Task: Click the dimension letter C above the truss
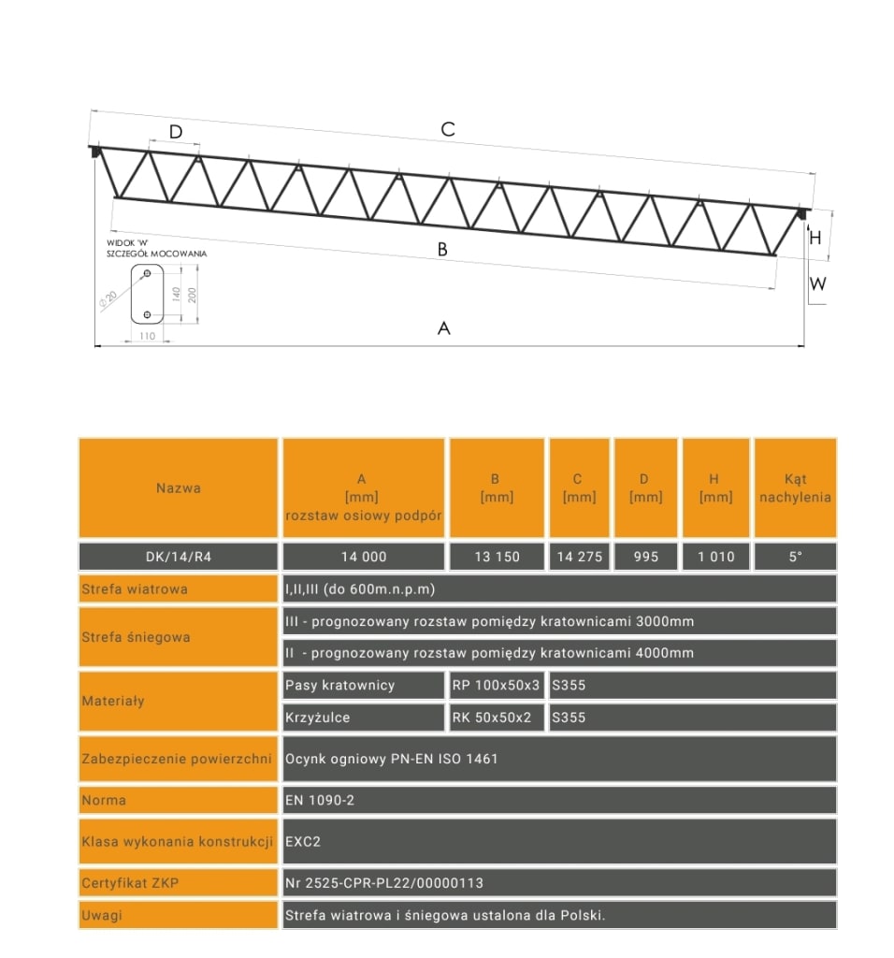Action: [x=448, y=129]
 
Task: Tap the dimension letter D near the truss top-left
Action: [x=176, y=132]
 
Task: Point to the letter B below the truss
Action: [x=442, y=250]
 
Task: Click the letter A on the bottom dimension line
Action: [x=444, y=327]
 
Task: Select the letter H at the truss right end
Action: [x=815, y=238]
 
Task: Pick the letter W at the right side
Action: [x=818, y=283]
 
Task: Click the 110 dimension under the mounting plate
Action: [x=146, y=335]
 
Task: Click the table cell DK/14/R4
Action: [x=179, y=557]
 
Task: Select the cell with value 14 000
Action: [x=363, y=557]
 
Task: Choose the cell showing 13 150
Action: [x=497, y=557]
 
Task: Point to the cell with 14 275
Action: [x=579, y=557]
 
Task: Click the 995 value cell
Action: [x=646, y=557]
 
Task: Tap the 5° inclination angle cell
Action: [x=795, y=557]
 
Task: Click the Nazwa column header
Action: [x=179, y=487]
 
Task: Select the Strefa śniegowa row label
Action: [x=137, y=637]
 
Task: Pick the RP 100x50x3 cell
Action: [x=496, y=685]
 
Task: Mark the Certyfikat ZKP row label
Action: [x=131, y=882]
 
